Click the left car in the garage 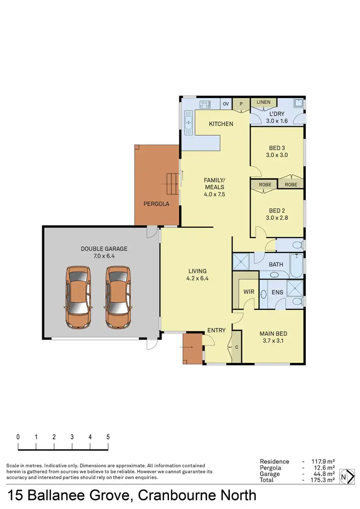78,297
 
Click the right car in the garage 118,297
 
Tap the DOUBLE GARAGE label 97,249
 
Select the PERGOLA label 156,204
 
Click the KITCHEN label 221,124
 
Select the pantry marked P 241,104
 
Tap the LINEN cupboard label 264,102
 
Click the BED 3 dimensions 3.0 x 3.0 277,155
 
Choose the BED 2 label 277,211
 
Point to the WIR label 249,291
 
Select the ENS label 277,292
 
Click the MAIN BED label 273,334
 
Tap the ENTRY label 216,330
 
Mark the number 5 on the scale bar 108,437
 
